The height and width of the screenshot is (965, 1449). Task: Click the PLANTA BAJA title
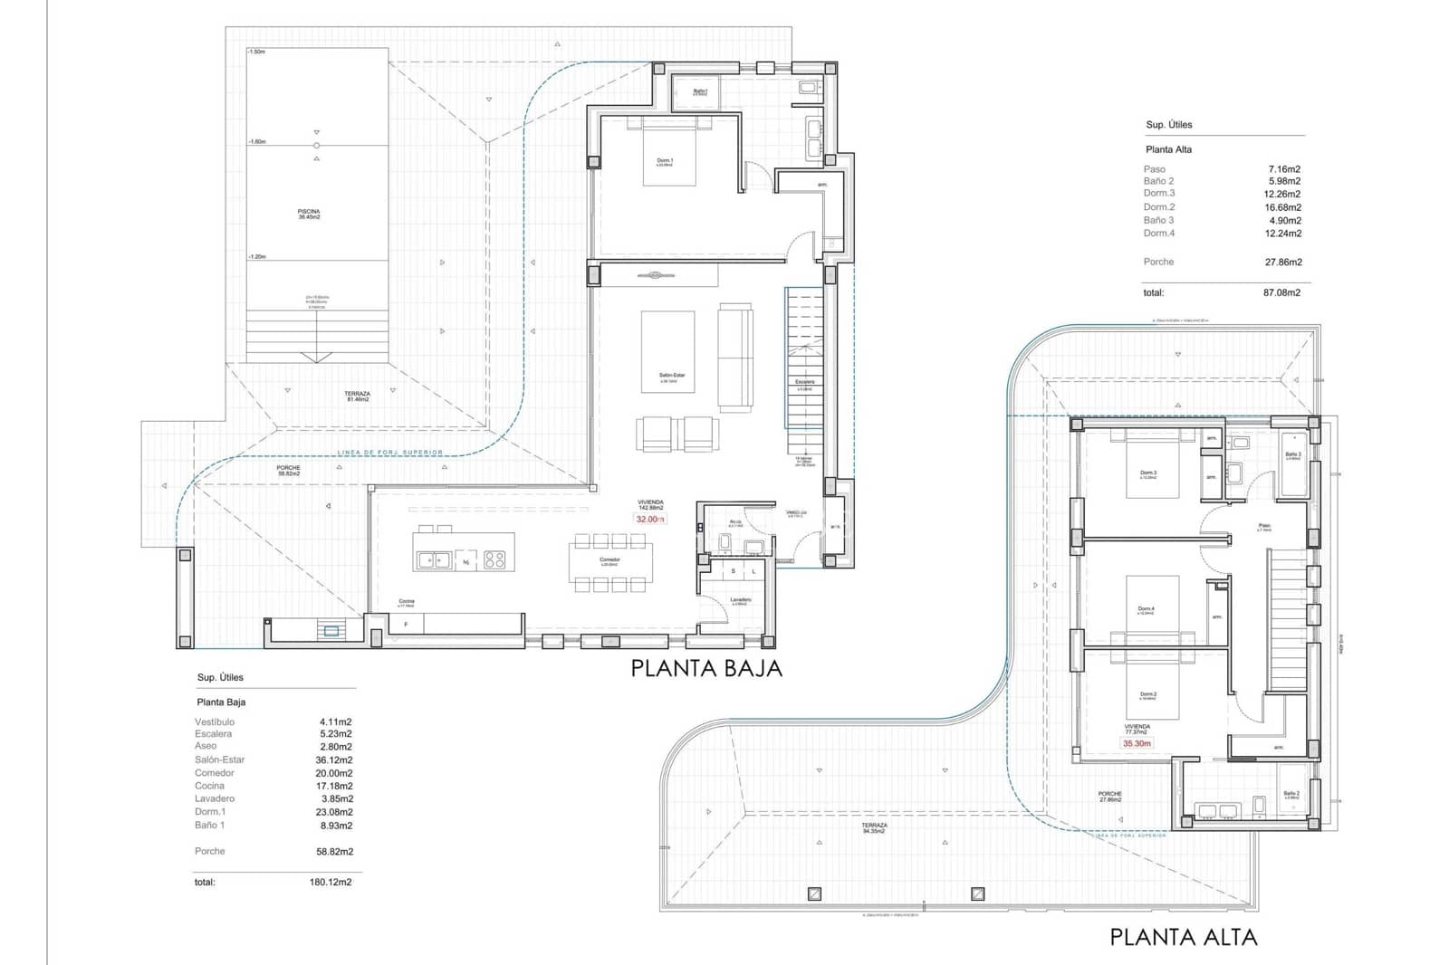pyautogui.click(x=705, y=669)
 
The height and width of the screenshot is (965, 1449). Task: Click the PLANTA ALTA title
pyautogui.click(x=1183, y=937)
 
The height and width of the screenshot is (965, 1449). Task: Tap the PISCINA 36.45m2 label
pyautogui.click(x=309, y=215)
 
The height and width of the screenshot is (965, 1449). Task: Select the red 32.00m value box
pyautogui.click(x=650, y=520)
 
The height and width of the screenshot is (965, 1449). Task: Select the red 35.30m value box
pyautogui.click(x=1137, y=743)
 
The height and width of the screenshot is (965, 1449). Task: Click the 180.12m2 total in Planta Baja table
pyautogui.click(x=331, y=882)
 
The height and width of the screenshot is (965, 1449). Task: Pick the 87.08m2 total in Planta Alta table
pyautogui.click(x=1281, y=292)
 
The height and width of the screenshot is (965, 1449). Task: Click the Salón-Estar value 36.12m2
pyautogui.click(x=334, y=760)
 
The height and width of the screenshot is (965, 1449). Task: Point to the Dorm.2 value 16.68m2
pyautogui.click(x=1284, y=207)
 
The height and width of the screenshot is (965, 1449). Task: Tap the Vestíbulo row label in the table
pyautogui.click(x=215, y=721)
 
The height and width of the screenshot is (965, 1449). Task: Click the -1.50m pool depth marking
pyautogui.click(x=256, y=53)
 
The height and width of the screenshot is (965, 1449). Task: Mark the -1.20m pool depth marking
pyautogui.click(x=257, y=257)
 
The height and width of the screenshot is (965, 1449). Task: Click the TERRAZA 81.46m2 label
pyautogui.click(x=357, y=397)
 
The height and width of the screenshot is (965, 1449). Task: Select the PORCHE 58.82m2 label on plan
pyautogui.click(x=289, y=471)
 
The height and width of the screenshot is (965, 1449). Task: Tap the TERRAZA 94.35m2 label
pyautogui.click(x=874, y=828)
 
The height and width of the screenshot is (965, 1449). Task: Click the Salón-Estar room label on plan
pyautogui.click(x=671, y=377)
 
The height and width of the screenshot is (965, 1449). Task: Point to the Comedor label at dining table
pyautogui.click(x=609, y=561)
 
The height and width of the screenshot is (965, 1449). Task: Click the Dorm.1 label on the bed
pyautogui.click(x=665, y=162)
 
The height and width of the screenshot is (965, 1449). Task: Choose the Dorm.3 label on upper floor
pyautogui.click(x=1147, y=474)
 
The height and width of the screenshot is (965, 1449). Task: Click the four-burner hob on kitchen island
pyautogui.click(x=494, y=560)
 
